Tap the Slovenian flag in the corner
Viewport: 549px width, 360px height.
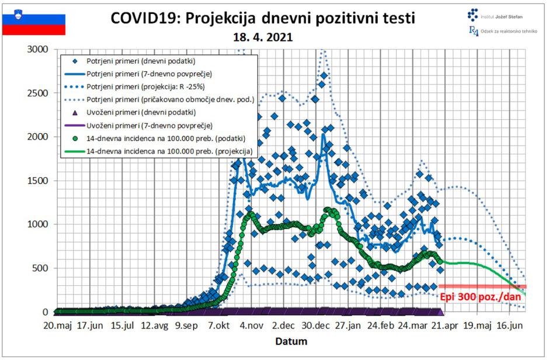[34, 22]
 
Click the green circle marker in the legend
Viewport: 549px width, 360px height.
[74, 138]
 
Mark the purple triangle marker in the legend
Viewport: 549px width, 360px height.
[74, 112]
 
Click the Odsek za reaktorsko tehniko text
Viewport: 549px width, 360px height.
[506, 32]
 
